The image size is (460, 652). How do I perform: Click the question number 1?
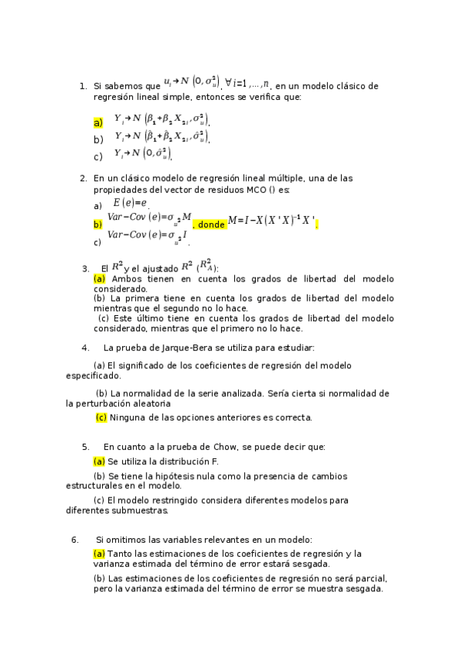82,87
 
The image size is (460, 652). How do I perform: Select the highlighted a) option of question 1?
98,122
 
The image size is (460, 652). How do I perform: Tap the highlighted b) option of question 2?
98,225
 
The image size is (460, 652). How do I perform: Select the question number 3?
85,268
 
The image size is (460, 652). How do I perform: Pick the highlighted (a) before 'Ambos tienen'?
99,278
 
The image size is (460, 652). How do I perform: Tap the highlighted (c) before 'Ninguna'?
101,417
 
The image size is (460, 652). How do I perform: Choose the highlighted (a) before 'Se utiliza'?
99,461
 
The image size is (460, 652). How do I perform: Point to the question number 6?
75,540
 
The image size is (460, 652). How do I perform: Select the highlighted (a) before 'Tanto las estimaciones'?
99,554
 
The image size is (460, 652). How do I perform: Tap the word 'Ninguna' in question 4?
127,417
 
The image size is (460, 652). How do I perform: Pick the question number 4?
85,348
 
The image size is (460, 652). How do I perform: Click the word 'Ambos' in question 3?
127,278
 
